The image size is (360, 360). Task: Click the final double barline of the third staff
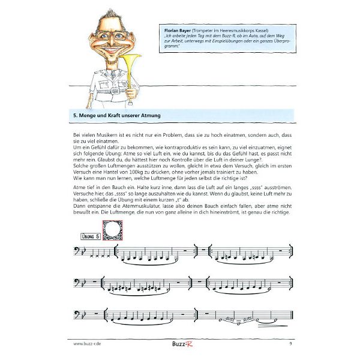[x=291, y=315]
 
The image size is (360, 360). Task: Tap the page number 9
[x=290, y=343]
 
